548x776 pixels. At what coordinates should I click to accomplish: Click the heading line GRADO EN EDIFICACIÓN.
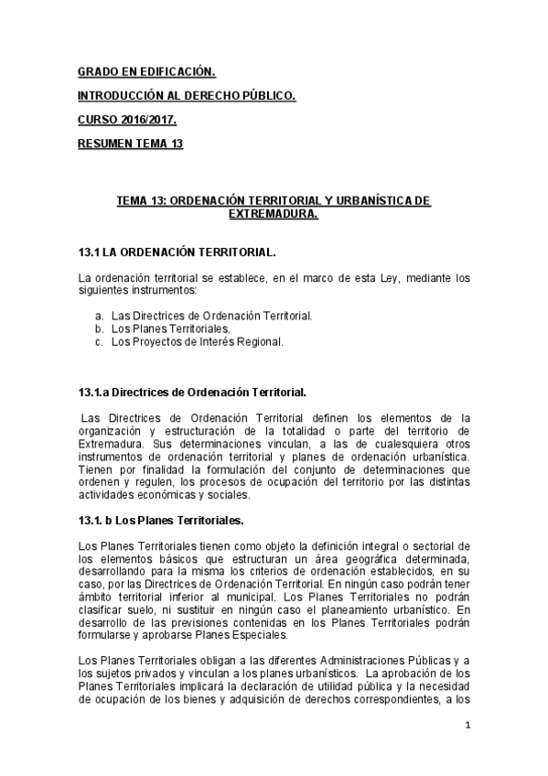click(x=146, y=70)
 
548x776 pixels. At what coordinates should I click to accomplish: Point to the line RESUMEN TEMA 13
click(x=137, y=143)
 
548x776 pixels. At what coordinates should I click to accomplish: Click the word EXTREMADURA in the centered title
click(x=273, y=214)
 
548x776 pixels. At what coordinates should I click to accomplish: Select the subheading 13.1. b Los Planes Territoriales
click(x=161, y=520)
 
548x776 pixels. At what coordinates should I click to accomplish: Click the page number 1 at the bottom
click(x=467, y=726)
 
